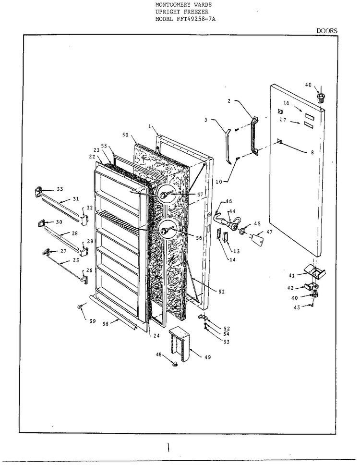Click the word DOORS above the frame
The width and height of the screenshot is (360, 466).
[327, 31]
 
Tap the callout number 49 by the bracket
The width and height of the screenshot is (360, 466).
[208, 357]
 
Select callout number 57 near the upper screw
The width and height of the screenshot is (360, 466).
[200, 195]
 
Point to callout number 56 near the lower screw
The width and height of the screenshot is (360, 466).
[199, 238]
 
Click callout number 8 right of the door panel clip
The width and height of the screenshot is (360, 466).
[312, 152]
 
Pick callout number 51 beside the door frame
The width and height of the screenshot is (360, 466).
[222, 292]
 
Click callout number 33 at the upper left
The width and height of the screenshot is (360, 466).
[60, 189]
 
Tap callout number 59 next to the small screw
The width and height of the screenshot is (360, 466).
[92, 321]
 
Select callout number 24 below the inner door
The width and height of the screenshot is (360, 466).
[156, 335]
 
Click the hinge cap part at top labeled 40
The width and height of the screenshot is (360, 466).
[320, 97]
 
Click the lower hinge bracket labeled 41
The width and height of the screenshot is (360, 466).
[314, 271]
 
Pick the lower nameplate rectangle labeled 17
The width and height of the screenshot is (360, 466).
[309, 124]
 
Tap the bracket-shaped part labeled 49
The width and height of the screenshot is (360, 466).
[180, 343]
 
